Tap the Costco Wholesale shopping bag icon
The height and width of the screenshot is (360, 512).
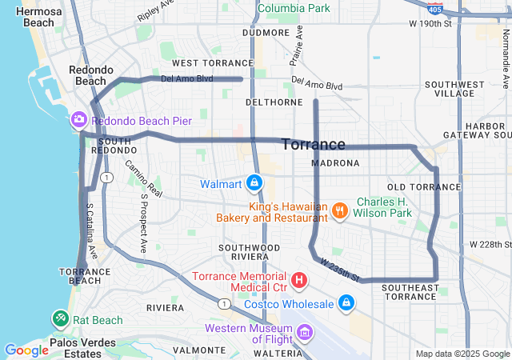click(x=346, y=303)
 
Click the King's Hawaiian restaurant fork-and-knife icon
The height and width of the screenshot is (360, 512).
click(x=340, y=210)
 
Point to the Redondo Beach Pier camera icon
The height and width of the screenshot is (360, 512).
click(x=78, y=120)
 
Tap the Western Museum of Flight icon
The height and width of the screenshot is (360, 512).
click(x=305, y=331)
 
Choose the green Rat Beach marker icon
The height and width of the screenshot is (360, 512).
click(x=61, y=319)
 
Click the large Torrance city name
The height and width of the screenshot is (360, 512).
click(x=314, y=145)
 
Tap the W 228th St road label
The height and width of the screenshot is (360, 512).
click(x=490, y=244)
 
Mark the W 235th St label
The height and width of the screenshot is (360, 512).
click(x=339, y=270)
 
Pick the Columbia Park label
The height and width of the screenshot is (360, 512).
click(x=293, y=9)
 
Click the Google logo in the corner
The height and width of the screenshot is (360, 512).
click(x=26, y=350)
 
